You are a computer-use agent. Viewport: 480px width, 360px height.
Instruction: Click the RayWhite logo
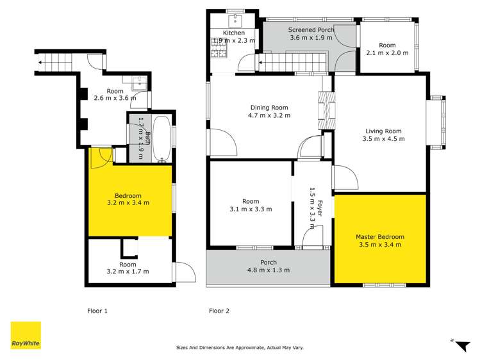point(26,336)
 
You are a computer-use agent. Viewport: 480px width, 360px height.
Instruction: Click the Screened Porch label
point(310,29)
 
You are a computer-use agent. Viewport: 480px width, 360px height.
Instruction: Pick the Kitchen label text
point(234,33)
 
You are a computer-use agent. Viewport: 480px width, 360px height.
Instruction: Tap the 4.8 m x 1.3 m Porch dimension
point(269,270)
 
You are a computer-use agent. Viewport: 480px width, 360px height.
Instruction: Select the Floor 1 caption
point(97,311)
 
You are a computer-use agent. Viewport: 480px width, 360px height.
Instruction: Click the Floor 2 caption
point(219,311)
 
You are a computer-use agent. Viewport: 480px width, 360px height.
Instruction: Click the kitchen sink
point(233,18)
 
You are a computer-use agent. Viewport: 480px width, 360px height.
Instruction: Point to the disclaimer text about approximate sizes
point(240,348)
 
